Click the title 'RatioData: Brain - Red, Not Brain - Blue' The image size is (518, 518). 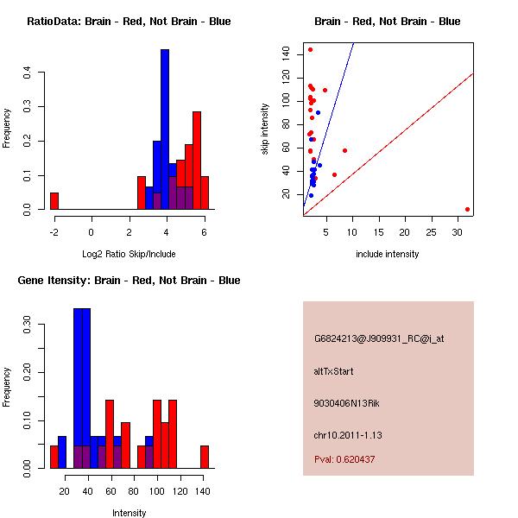(x=129, y=22)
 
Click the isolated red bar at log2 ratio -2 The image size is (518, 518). (x=54, y=201)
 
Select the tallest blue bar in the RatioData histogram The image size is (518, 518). (x=165, y=129)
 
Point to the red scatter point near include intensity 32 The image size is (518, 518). (x=467, y=209)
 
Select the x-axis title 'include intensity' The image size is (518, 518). (x=387, y=254)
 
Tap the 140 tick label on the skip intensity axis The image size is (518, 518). (x=285, y=54)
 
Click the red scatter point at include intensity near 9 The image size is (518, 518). (x=344, y=150)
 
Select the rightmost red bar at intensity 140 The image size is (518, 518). (x=205, y=457)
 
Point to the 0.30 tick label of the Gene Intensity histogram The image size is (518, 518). (x=28, y=328)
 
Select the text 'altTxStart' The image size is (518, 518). (x=333, y=371)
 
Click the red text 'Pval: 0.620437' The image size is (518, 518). (x=344, y=459)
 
